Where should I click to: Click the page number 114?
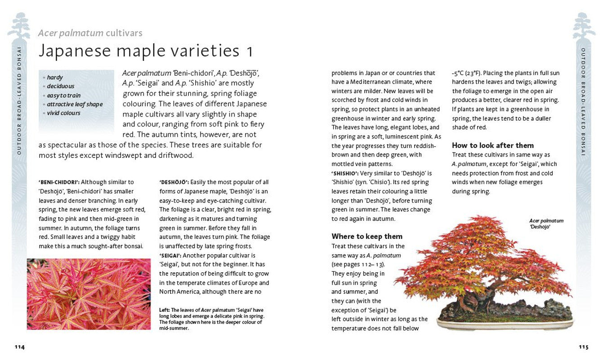[x=19, y=347]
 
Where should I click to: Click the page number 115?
[x=583, y=347]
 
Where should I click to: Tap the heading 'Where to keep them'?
[x=367, y=236]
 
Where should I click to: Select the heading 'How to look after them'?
[x=493, y=145]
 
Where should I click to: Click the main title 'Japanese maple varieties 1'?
[x=146, y=50]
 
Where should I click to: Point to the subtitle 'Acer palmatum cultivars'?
[x=90, y=33]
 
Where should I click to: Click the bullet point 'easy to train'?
[x=64, y=95]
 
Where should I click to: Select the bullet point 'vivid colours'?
[x=63, y=113]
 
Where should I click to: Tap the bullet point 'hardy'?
[x=55, y=77]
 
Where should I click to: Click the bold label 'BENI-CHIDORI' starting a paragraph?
[x=59, y=182]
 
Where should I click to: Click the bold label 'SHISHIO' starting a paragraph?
[x=345, y=173]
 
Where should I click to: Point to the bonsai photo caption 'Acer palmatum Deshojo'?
[x=546, y=224]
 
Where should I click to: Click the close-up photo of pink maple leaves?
[x=89, y=294]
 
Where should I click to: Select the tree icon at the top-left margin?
[x=19, y=26]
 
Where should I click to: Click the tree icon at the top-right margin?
[x=584, y=26]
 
